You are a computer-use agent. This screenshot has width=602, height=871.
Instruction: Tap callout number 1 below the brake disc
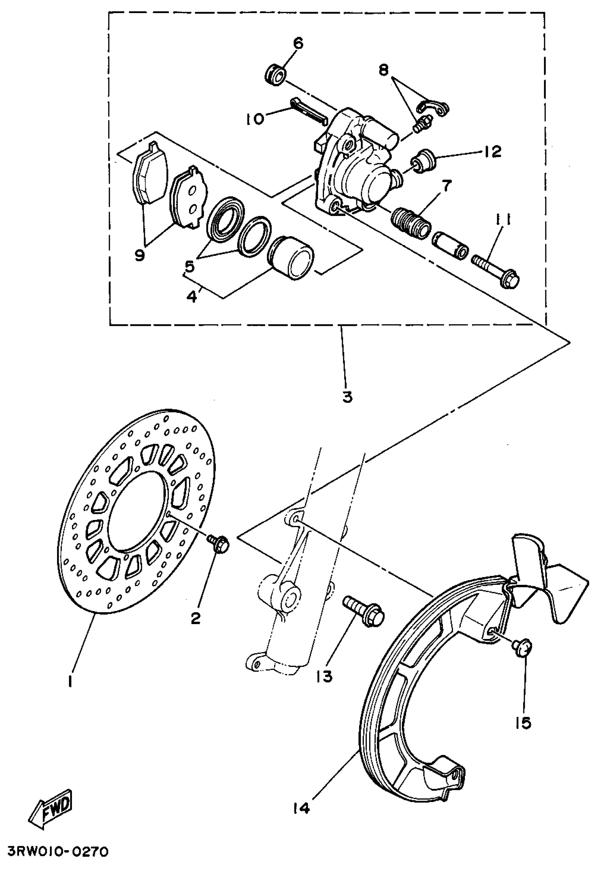click(x=70, y=681)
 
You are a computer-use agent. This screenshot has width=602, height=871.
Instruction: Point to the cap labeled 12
click(x=425, y=161)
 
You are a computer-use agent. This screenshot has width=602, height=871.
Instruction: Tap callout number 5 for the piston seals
click(x=190, y=267)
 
